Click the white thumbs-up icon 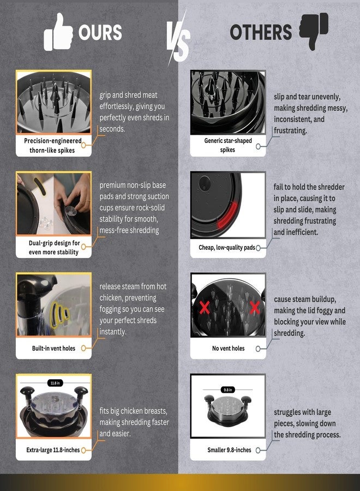click(x=58, y=32)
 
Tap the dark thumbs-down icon click(x=314, y=31)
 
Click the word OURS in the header click(x=100, y=33)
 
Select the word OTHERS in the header click(x=261, y=32)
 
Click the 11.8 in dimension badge click(x=55, y=383)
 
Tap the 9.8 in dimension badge click(x=227, y=390)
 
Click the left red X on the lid click(x=205, y=308)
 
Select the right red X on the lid click(x=255, y=308)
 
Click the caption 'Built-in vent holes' click(x=53, y=348)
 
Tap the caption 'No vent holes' click(x=228, y=348)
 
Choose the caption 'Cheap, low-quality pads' click(x=227, y=247)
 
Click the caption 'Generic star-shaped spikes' click(x=228, y=145)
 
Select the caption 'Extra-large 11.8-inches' click(x=53, y=450)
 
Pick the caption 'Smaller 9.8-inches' click(x=229, y=450)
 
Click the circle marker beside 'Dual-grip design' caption click(x=83, y=247)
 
